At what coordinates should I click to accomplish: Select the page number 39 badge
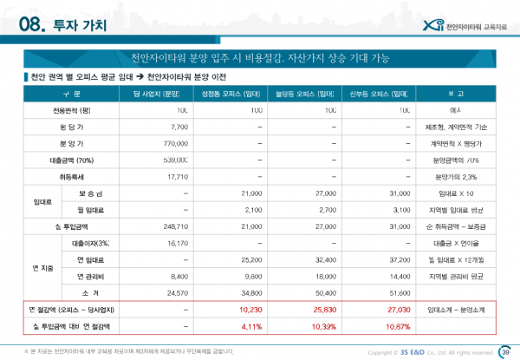coord(505,351)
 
